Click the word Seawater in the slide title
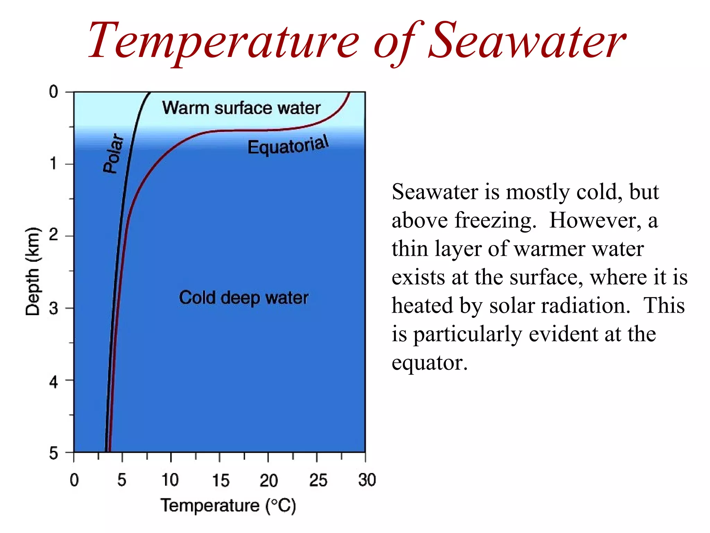pyautogui.click(x=527, y=42)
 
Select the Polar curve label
pyautogui.click(x=114, y=153)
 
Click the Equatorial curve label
pyautogui.click(x=288, y=145)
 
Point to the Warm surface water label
pyautogui.click(x=241, y=108)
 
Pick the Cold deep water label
pyautogui.click(x=243, y=298)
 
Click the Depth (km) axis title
pyautogui.click(x=33, y=271)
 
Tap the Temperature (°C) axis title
pyautogui.click(x=228, y=505)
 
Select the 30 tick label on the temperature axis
pyautogui.click(x=367, y=480)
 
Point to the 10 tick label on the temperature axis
pyautogui.click(x=170, y=480)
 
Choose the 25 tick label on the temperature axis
pyautogui.click(x=318, y=480)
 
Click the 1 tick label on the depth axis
pyautogui.click(x=53, y=163)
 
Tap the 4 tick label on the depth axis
pyautogui.click(x=53, y=382)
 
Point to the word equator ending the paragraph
pyautogui.click(x=429, y=363)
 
